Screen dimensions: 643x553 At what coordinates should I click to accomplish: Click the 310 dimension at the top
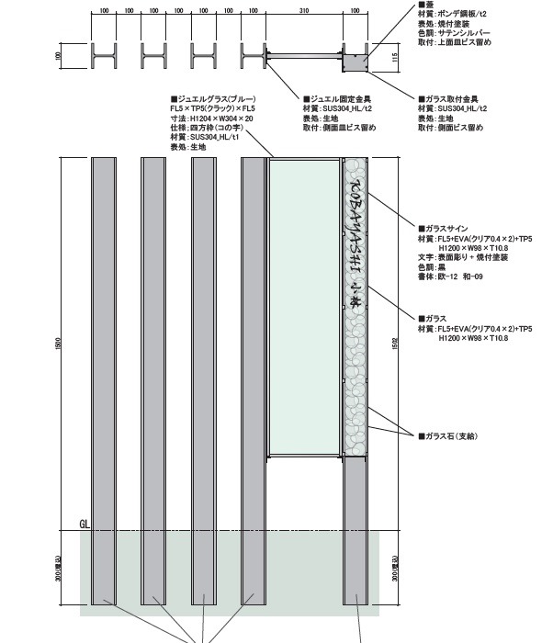303,10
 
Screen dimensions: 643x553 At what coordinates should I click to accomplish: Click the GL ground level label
84,524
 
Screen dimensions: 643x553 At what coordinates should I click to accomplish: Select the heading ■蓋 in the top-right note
423,5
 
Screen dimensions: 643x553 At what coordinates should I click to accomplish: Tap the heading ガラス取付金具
450,98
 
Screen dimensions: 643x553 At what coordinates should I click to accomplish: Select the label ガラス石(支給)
451,435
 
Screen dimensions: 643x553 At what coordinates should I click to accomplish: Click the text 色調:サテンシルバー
457,33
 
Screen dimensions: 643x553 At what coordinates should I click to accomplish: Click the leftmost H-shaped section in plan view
104,57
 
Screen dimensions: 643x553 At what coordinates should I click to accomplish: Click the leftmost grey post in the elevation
104,377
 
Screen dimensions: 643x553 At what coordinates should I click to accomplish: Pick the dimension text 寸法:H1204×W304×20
211,118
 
